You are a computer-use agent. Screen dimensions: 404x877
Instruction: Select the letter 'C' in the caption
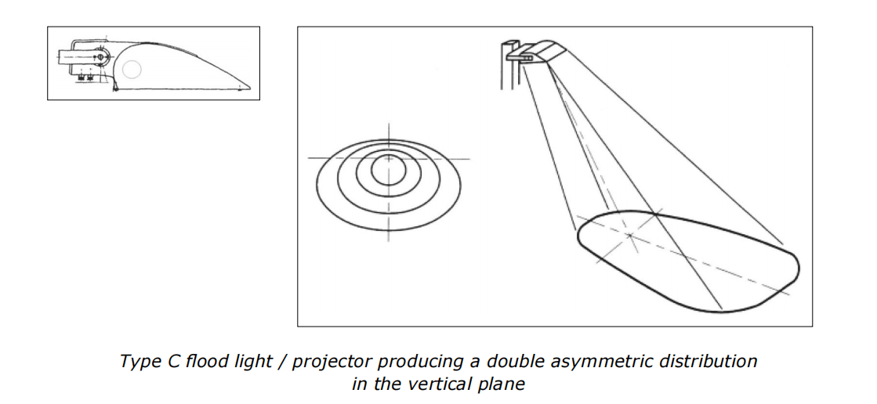[165, 362]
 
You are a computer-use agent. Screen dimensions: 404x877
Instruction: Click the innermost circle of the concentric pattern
[388, 168]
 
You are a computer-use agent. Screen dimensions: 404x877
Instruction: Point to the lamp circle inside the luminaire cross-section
[132, 70]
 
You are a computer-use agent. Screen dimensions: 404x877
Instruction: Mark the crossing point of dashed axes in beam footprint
[629, 233]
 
